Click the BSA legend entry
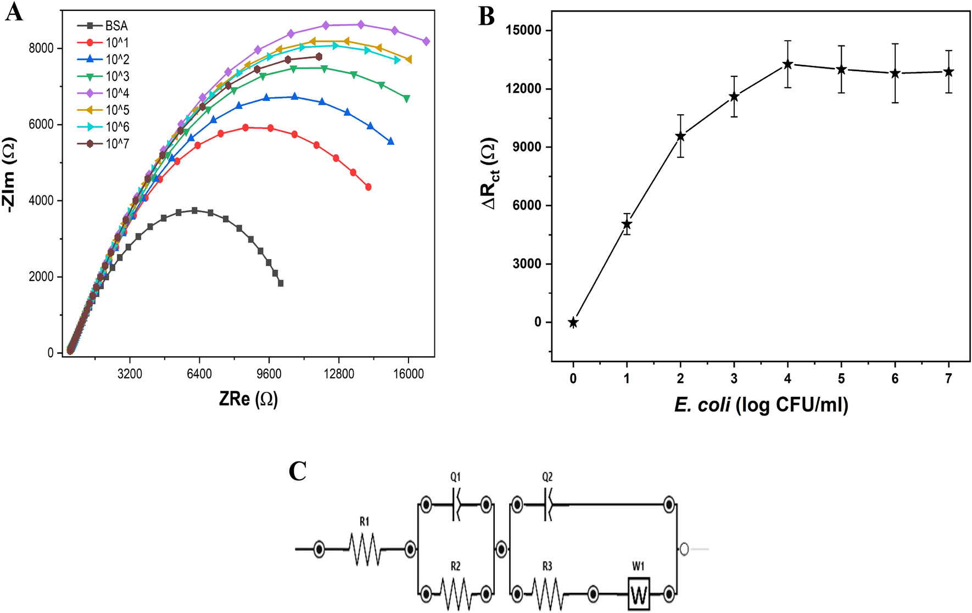(116, 26)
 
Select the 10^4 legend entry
(117, 93)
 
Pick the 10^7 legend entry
(117, 144)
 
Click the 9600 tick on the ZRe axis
(269, 374)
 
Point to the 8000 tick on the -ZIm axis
(41, 48)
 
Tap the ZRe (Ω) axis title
(248, 399)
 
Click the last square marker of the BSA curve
(281, 283)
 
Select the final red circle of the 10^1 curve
(368, 187)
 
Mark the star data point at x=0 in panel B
(573, 322)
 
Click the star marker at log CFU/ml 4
(787, 64)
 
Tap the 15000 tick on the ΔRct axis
(523, 30)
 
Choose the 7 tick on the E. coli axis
(948, 379)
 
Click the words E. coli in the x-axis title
(702, 405)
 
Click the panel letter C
(297, 471)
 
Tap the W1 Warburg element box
(639, 594)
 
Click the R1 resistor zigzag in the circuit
(365, 549)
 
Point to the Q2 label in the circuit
(547, 477)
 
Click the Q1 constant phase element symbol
(456, 504)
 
